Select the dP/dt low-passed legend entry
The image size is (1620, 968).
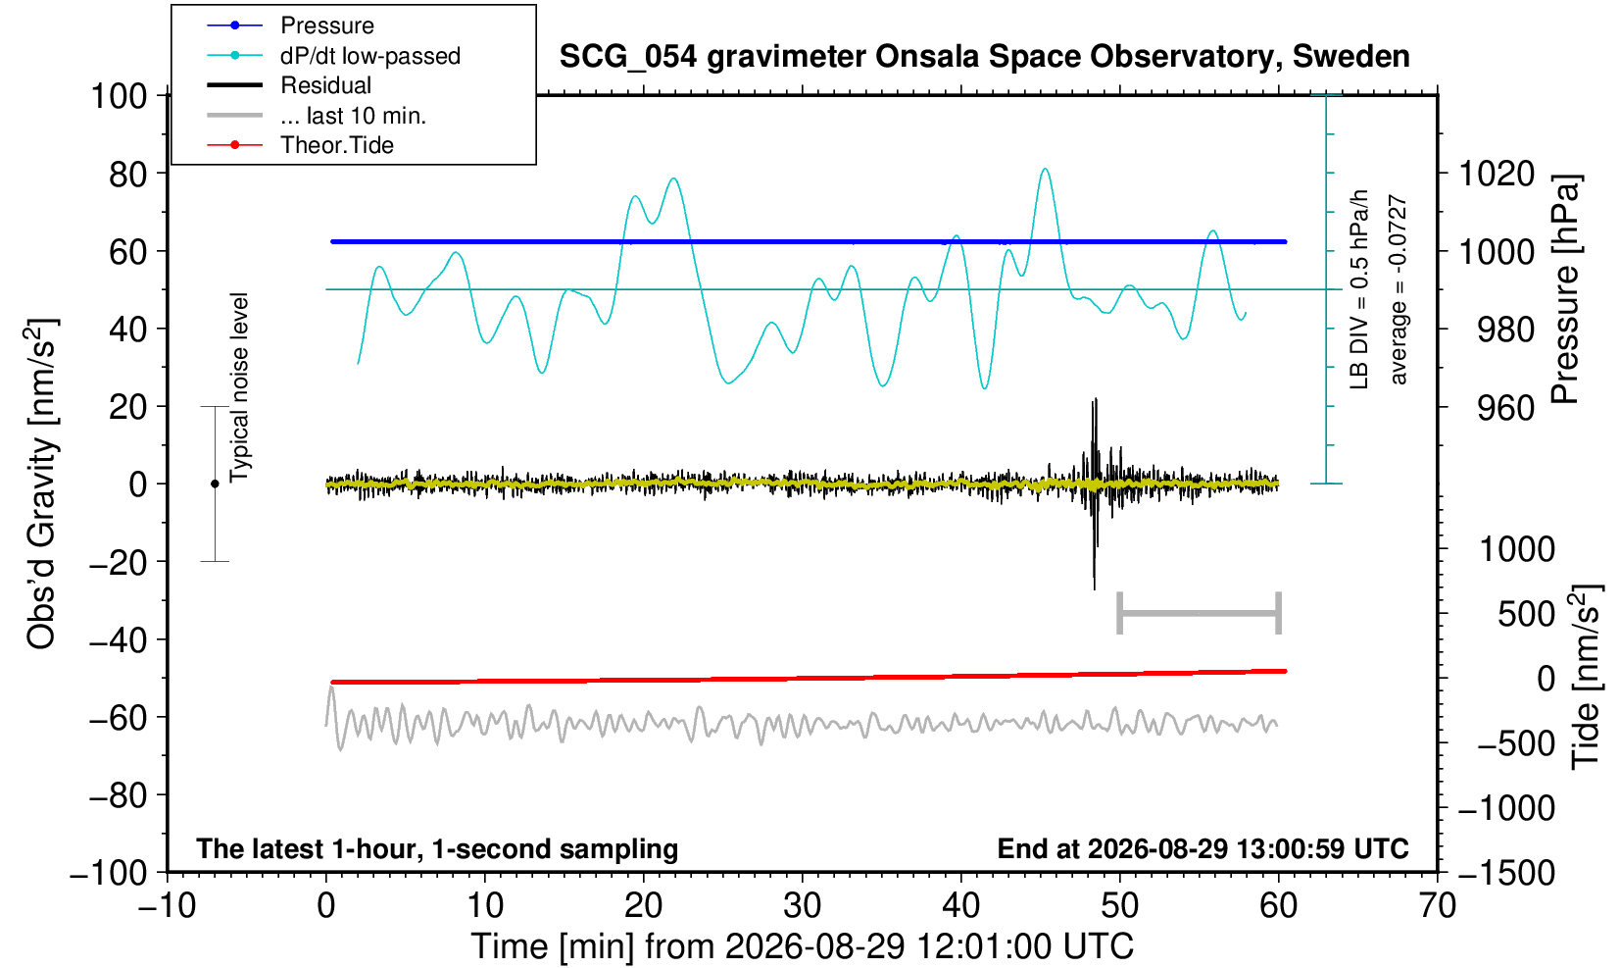tap(333, 56)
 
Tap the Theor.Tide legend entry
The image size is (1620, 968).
tap(300, 145)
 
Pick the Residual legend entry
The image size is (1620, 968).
tap(289, 85)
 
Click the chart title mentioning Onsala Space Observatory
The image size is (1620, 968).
tap(984, 57)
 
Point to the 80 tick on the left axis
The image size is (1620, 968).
tap(128, 174)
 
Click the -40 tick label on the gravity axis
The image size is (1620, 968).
tap(118, 640)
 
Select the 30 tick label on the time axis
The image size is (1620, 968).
tap(802, 906)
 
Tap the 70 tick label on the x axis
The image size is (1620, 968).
tap(1437, 906)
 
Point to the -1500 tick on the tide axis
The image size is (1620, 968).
tap(1506, 873)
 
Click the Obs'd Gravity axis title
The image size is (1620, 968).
tap(42, 484)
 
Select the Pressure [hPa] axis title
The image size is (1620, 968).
tap(1566, 289)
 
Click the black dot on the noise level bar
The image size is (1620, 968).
tap(215, 484)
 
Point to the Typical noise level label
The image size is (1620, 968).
tap(239, 387)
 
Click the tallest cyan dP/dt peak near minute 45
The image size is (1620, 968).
tap(1045, 170)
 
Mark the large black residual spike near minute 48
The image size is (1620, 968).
tap(1095, 493)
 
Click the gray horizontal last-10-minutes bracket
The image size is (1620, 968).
tap(1200, 613)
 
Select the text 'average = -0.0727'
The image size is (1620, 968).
tap(1398, 289)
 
